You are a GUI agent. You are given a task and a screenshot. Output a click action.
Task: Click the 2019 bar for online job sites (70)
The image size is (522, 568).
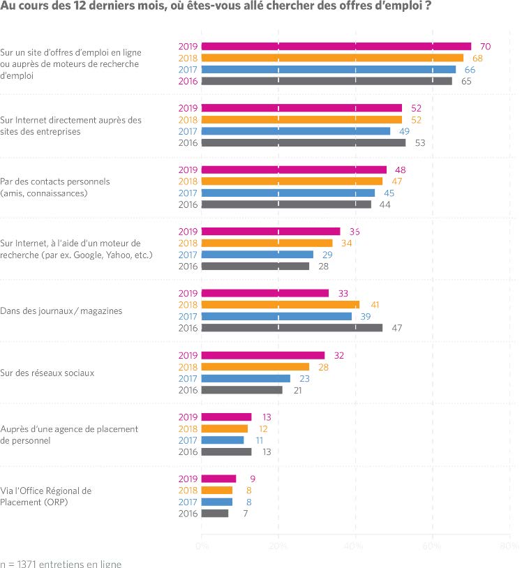point(336,46)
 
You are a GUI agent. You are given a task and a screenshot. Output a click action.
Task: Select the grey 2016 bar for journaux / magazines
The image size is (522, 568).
point(292,327)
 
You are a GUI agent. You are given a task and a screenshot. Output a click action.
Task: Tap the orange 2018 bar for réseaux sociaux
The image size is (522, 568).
point(255,366)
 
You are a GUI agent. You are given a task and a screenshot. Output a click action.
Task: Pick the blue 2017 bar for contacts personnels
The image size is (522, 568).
point(288,193)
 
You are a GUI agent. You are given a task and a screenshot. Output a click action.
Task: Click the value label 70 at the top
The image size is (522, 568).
point(486,46)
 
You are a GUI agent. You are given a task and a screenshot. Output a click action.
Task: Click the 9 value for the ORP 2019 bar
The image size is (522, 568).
point(252,479)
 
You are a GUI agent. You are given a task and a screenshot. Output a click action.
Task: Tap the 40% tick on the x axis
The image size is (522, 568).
point(355,545)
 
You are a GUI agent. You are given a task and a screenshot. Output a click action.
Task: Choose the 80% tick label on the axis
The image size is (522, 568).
point(509,545)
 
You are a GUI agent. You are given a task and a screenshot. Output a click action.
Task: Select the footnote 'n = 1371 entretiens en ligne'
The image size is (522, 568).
point(61,562)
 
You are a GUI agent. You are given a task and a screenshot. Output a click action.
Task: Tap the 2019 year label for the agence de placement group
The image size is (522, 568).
point(188,417)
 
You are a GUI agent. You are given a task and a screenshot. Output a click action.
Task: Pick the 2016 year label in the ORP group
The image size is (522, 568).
point(188,514)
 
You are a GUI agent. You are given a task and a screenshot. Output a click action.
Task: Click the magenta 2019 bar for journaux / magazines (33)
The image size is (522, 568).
point(264,293)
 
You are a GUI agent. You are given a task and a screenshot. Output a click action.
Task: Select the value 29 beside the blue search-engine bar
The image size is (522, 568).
point(327,255)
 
